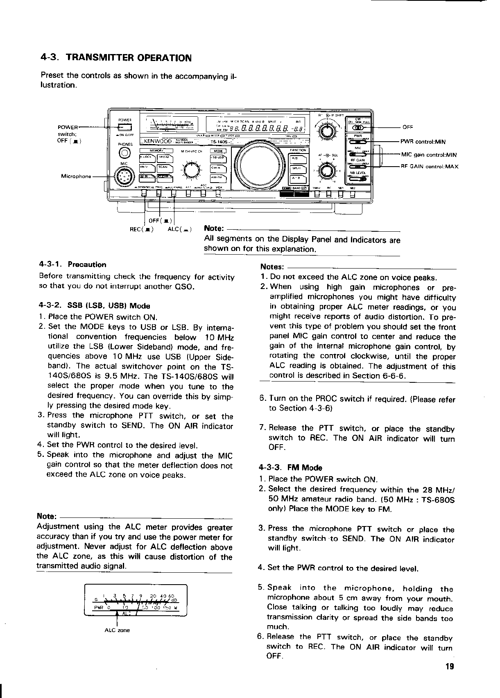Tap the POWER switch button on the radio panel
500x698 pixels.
124,126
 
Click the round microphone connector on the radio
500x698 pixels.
123,177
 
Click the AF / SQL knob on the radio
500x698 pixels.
327,170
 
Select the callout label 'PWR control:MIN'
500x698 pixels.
423,142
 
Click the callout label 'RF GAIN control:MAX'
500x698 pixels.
429,167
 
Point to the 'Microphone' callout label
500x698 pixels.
76,176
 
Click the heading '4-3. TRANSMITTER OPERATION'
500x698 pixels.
116,57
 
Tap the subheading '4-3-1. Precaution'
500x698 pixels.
72,264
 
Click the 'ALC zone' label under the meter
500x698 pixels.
117,630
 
